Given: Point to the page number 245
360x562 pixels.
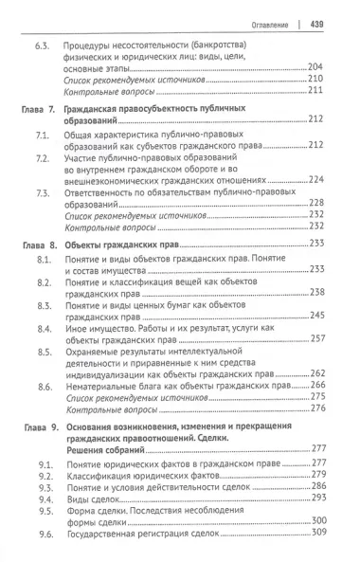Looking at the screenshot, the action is (x=316, y=314).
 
